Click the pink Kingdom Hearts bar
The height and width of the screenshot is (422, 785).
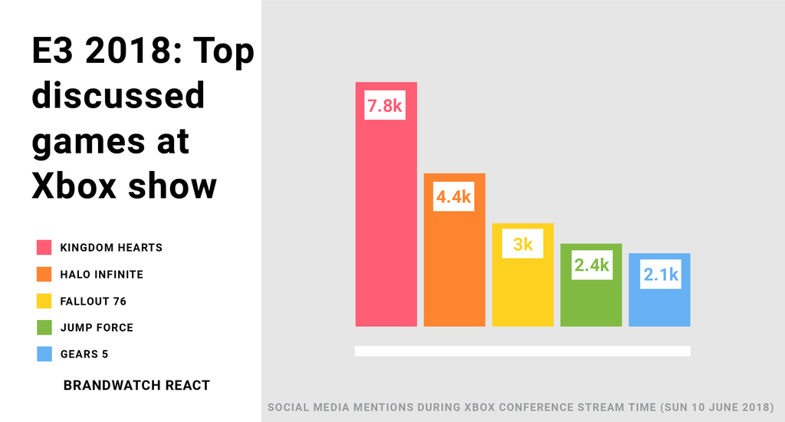coord(386,223)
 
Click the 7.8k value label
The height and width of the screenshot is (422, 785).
coord(385,106)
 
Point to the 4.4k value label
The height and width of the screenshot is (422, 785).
coord(454,197)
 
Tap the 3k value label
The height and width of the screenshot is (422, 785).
coord(523,245)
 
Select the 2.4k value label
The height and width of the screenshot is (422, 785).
coord(591,265)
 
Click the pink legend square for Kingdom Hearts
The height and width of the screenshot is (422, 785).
coord(44,247)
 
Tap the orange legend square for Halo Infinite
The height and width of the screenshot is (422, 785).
coord(44,274)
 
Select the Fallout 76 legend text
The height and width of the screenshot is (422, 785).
coord(94,301)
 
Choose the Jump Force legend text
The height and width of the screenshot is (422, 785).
coord(97,328)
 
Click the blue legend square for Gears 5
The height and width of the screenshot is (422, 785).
coord(44,354)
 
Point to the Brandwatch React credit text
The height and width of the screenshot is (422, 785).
coord(136,385)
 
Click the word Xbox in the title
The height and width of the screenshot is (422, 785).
coord(74,186)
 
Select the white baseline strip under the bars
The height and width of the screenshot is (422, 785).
coord(522,351)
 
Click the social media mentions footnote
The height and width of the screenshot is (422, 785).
coord(521,406)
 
